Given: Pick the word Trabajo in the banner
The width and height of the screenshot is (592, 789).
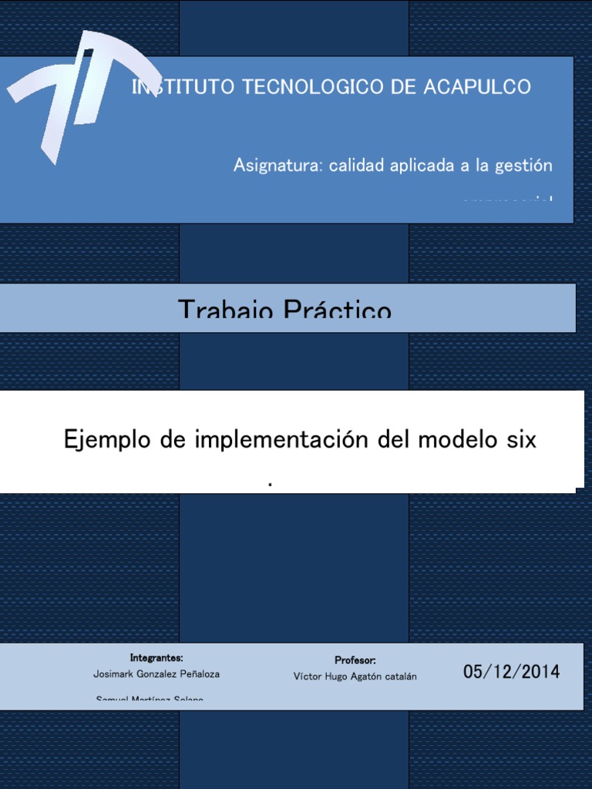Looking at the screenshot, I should pyautogui.click(x=227, y=310).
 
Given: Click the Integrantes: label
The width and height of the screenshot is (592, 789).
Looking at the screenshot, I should pyautogui.click(x=156, y=658).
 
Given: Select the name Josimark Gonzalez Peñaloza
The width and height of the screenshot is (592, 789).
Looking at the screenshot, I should pyautogui.click(x=156, y=673).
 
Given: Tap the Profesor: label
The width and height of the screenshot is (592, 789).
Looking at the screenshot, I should pyautogui.click(x=355, y=660).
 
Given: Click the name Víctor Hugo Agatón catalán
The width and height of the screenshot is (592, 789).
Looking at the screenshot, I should pyautogui.click(x=355, y=677).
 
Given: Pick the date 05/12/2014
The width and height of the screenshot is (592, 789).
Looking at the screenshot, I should pyautogui.click(x=512, y=672).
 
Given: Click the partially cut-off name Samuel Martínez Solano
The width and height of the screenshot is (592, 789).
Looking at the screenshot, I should pyautogui.click(x=150, y=698).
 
